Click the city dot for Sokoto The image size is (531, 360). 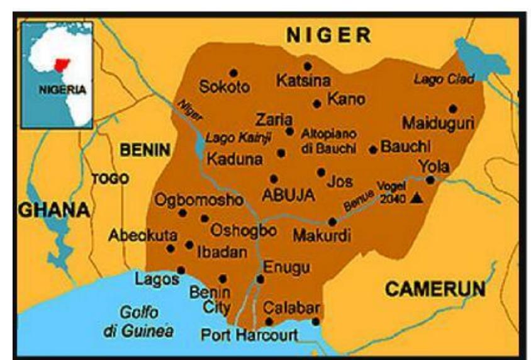click(x=234, y=73)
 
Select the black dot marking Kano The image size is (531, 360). click(x=317, y=104)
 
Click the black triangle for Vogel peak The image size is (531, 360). click(x=416, y=198)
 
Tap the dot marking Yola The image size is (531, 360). click(x=430, y=180)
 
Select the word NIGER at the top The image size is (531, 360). click(x=328, y=36)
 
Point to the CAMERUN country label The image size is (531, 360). click(x=435, y=289)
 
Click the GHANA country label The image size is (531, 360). click(x=53, y=210)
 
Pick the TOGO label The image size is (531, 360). click(x=110, y=179)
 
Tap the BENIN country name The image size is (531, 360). click(x=145, y=150)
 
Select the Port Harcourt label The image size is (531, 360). click(x=249, y=335)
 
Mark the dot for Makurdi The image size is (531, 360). click(x=333, y=222)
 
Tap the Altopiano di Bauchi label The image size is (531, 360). click(x=328, y=141)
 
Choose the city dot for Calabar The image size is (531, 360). click(x=316, y=322)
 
